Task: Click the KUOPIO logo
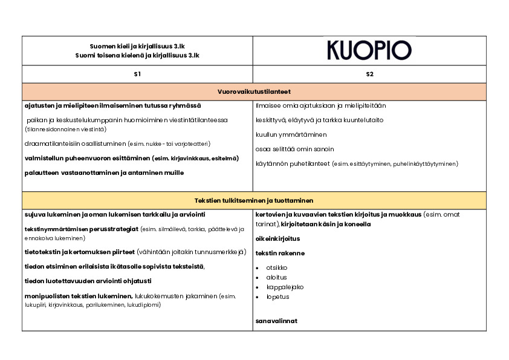[x=369, y=50]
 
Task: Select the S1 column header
[x=137, y=74]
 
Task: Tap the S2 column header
[x=369, y=74]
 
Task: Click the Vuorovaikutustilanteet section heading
[x=254, y=91]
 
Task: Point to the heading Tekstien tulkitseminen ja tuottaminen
[x=254, y=200]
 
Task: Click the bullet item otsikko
[x=276, y=267]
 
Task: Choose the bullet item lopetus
[x=277, y=296]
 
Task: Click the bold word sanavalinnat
[x=276, y=321]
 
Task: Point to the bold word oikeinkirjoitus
[x=278, y=238]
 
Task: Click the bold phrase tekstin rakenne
[x=280, y=253]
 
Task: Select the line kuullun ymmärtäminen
[x=291, y=134]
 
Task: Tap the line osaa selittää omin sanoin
[x=295, y=149]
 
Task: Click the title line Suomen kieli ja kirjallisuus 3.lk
[x=137, y=46]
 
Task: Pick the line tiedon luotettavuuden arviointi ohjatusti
[x=88, y=281]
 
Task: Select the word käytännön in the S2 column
[x=270, y=163]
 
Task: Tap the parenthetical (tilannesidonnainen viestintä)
[x=66, y=129]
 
